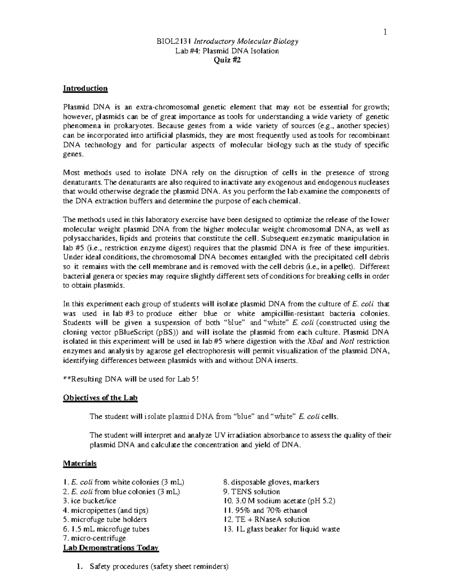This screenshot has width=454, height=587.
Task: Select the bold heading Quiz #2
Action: (x=227, y=60)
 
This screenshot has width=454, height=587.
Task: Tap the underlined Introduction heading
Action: (x=85, y=88)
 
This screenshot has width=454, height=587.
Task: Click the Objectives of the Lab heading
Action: (x=100, y=398)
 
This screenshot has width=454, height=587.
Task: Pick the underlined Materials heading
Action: (x=80, y=463)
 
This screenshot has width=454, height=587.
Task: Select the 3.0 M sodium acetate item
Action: (x=280, y=501)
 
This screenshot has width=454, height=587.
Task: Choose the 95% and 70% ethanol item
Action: (x=266, y=510)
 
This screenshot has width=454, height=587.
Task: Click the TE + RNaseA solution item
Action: (x=267, y=519)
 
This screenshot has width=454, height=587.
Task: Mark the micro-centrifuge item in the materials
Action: (x=94, y=538)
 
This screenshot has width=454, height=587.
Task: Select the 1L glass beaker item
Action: (x=282, y=529)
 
